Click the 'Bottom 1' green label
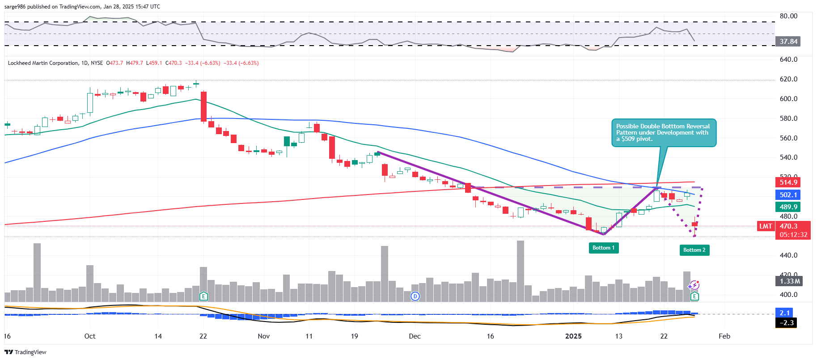coord(603,248)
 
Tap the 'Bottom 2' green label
coord(694,250)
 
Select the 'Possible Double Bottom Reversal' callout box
coord(664,133)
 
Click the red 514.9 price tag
coord(788,182)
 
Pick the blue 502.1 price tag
coord(788,195)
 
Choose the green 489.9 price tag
coord(788,207)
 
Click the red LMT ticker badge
coord(766,226)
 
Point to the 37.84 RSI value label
coord(788,42)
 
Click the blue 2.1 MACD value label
coord(784,313)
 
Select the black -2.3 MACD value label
coord(786,323)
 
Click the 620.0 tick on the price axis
coord(788,79)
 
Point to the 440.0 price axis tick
coord(788,255)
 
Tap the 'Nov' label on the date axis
coord(264,336)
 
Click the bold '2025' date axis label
coord(573,336)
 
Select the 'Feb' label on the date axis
coord(724,336)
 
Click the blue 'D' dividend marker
coord(415,296)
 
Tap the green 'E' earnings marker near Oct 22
coord(203,296)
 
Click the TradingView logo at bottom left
coord(25,352)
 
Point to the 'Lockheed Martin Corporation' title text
coord(43,63)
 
